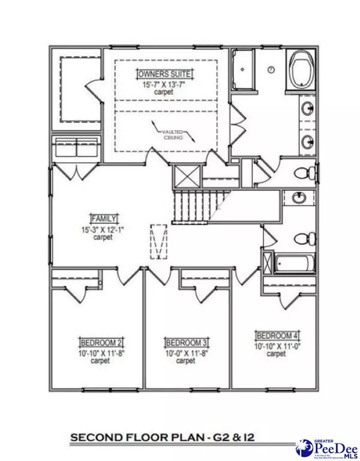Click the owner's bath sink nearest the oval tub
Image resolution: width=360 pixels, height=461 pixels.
(307, 109)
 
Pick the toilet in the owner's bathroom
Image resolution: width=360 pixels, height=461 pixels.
(304, 173)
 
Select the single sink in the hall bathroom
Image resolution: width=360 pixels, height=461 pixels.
(297, 198)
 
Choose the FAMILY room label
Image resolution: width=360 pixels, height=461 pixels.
(104, 218)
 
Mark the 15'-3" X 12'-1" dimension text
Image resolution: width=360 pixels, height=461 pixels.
(104, 228)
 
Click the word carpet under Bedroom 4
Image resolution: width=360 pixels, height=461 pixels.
(276, 354)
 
